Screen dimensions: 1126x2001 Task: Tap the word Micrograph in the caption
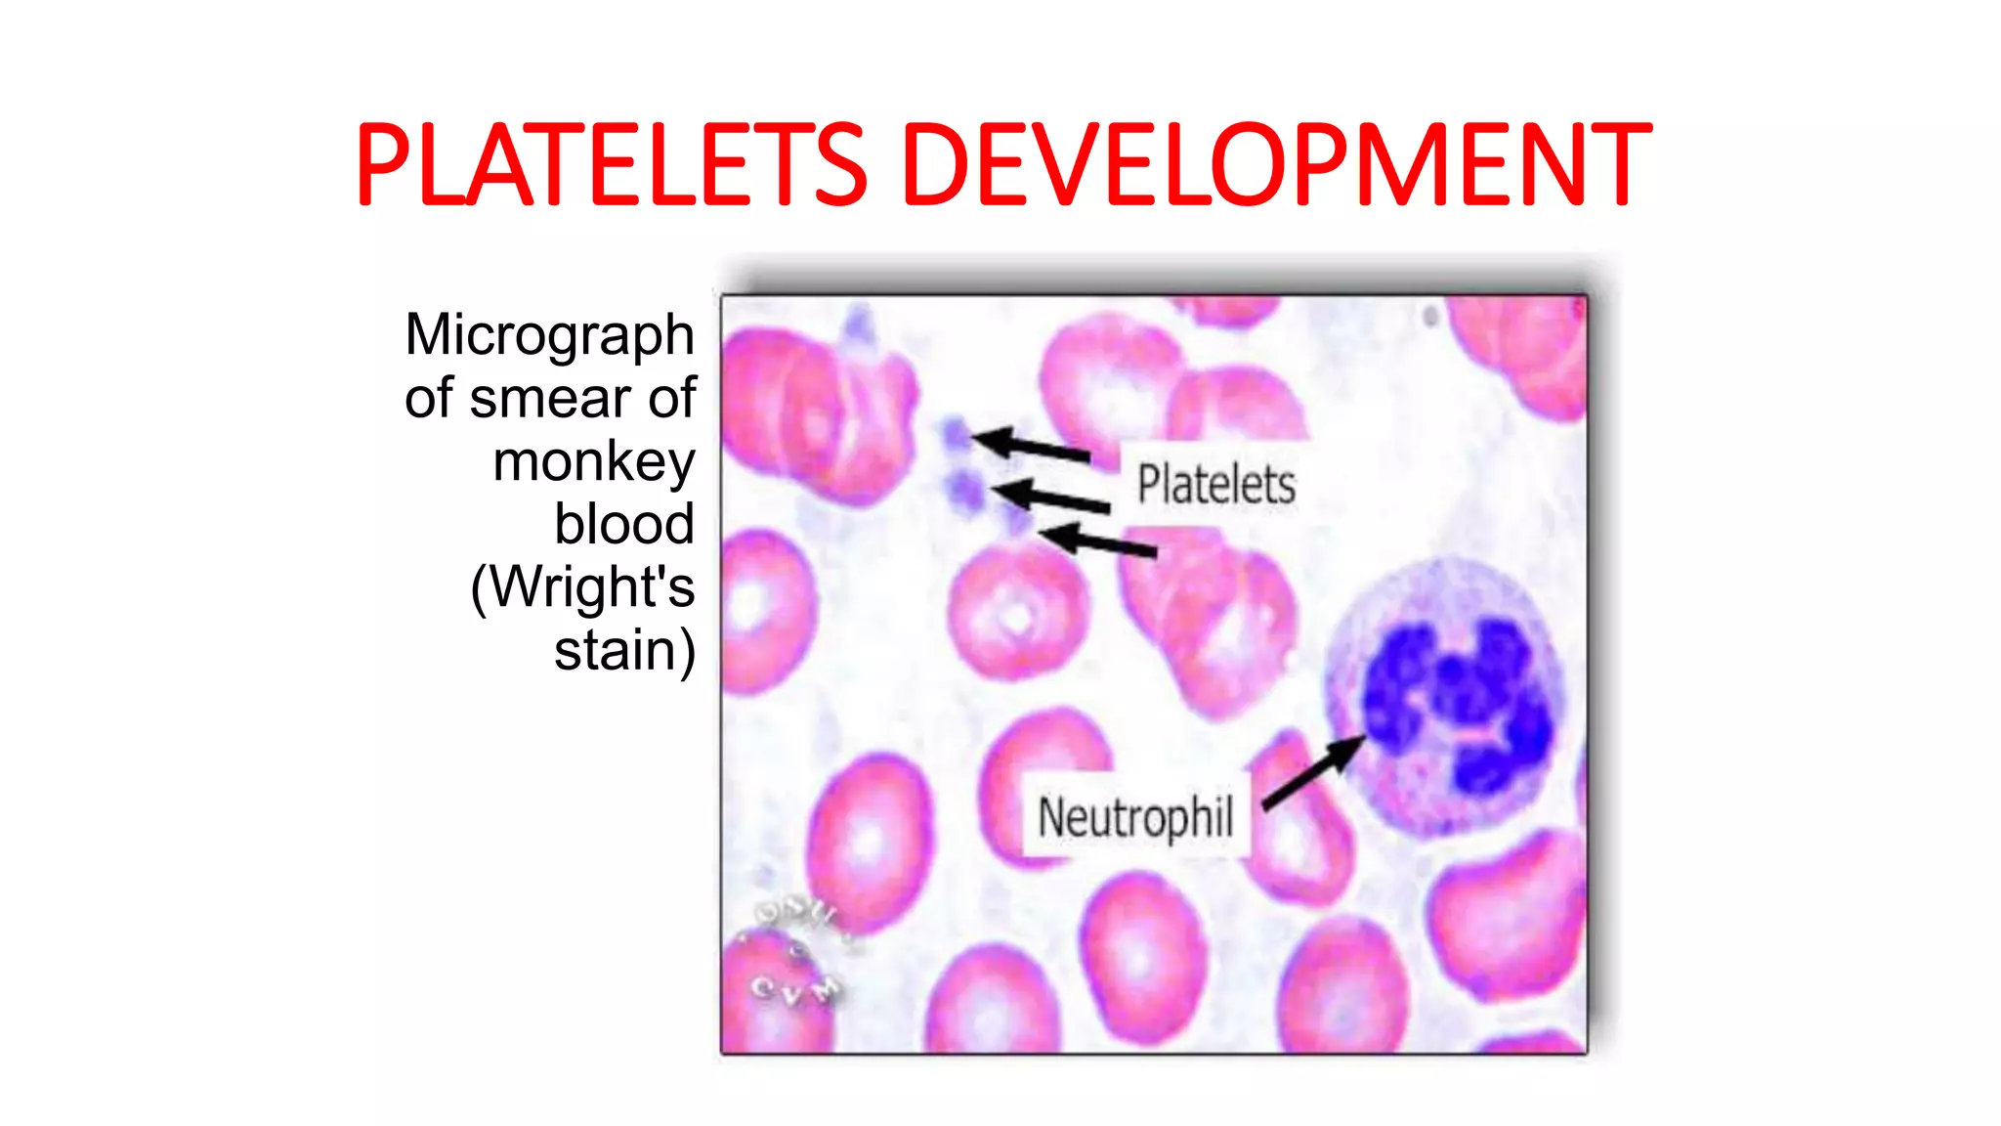click(549, 335)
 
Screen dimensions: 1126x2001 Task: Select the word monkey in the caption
click(593, 461)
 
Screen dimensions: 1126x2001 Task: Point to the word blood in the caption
click(624, 525)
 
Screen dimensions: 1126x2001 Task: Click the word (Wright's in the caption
click(583, 587)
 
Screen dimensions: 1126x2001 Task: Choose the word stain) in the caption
click(624, 651)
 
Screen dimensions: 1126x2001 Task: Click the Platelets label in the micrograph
click(1215, 485)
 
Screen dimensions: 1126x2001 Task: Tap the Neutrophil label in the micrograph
click(1135, 817)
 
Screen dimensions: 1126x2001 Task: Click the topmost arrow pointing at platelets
click(1031, 446)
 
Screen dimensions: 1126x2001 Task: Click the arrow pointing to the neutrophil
click(1314, 772)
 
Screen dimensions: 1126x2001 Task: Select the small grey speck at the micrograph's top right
click(1430, 316)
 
